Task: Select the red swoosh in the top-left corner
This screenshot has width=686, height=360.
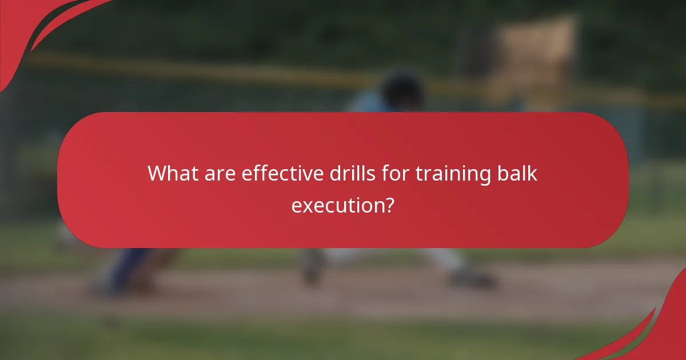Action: [34, 29]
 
